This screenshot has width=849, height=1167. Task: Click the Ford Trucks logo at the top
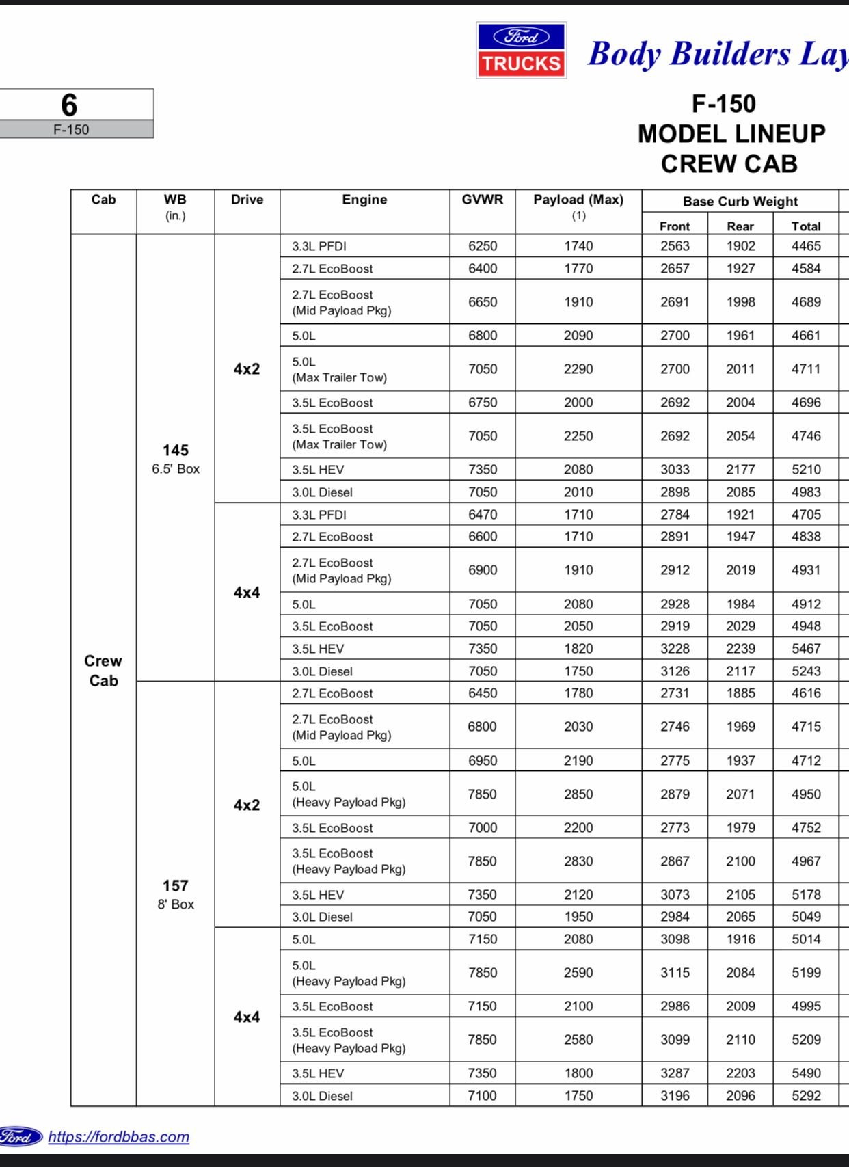521,51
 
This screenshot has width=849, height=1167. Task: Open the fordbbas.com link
118,1136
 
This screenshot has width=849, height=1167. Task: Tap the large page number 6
69,105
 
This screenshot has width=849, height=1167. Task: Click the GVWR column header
482,200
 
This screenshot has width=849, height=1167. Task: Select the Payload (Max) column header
578,200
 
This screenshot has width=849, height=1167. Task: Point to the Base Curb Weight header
740,202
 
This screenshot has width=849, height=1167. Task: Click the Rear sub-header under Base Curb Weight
740,226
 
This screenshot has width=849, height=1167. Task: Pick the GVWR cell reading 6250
483,246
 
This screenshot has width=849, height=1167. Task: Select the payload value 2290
578,369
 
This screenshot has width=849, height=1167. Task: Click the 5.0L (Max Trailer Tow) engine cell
339,369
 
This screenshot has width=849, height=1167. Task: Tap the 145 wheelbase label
176,451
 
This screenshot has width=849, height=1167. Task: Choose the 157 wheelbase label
176,886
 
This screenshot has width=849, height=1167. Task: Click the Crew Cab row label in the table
103,670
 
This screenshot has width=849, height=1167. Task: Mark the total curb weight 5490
806,1073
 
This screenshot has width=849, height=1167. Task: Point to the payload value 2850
578,794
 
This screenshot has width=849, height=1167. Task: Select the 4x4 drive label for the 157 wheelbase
247,1017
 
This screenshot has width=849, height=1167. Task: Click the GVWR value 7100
482,1096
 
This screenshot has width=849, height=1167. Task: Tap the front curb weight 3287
675,1073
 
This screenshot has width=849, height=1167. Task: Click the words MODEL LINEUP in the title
731,134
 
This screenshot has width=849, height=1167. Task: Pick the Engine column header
364,200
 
